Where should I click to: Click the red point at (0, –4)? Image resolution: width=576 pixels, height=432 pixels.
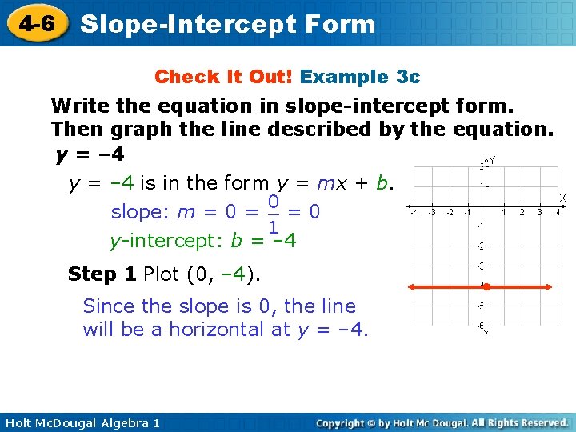pos(485,286)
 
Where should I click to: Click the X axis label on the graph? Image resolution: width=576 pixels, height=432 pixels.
pos(562,198)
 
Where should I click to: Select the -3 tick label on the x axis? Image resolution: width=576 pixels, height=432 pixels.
pos(431,213)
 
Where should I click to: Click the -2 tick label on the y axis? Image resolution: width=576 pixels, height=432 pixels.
pos(479,247)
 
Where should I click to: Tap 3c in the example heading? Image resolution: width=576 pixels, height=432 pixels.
pos(408,77)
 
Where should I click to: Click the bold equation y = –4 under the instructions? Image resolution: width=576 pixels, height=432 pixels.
pos(90,153)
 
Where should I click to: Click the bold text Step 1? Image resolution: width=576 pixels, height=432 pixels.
pos(102,274)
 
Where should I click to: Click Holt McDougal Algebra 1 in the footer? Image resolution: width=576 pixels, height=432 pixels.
pos(81,422)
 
